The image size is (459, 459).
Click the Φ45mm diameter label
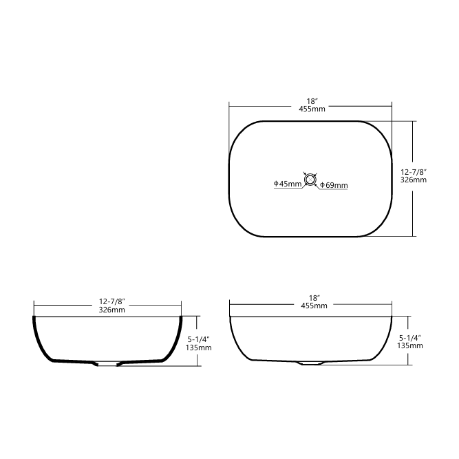(287, 184)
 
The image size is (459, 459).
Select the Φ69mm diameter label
(334, 185)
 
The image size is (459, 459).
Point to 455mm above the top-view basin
(312, 109)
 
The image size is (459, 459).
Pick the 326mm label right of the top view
(414, 180)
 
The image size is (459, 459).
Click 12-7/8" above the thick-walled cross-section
(111, 301)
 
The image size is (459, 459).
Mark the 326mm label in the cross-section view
(111, 310)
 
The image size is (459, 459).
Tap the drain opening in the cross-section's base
(107, 363)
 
